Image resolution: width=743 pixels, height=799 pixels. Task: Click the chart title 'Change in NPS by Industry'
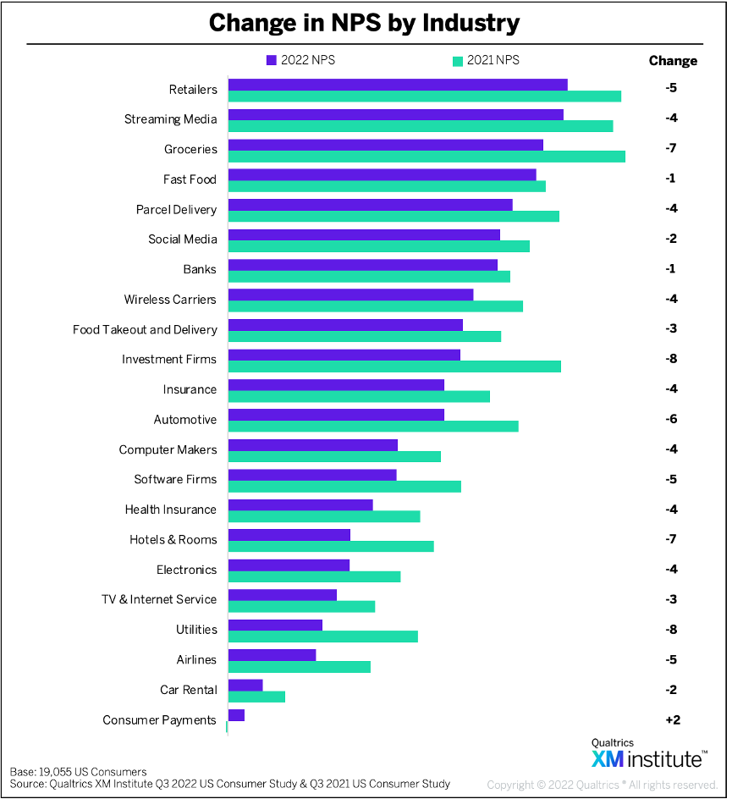364,23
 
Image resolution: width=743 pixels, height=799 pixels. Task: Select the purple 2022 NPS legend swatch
272,60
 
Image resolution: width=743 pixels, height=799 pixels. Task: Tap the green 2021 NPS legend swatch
458,60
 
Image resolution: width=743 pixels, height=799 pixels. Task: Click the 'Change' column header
673,61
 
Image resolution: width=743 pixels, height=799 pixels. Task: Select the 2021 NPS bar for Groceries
427,157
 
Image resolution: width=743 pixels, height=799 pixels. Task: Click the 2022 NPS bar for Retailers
398,84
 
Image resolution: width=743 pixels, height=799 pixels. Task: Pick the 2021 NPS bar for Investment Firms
394,366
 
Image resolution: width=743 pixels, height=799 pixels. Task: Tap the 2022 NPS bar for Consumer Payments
236,715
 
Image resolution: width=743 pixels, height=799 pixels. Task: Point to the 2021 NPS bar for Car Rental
256,697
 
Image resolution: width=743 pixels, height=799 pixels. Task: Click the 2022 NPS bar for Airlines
272,655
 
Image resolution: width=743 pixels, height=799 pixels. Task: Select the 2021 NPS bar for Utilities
322,636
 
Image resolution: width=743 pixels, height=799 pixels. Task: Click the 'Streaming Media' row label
170,119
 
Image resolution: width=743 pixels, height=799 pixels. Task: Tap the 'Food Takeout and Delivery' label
145,329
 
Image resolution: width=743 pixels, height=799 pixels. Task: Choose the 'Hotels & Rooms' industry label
173,540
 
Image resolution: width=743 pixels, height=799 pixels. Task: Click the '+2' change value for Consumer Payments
672,720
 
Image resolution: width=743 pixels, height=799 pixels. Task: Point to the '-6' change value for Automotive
671,420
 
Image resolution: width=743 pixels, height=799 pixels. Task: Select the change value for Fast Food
671,179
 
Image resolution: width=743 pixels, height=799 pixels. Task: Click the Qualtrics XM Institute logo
647,753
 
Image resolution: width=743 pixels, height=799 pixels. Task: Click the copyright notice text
602,785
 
